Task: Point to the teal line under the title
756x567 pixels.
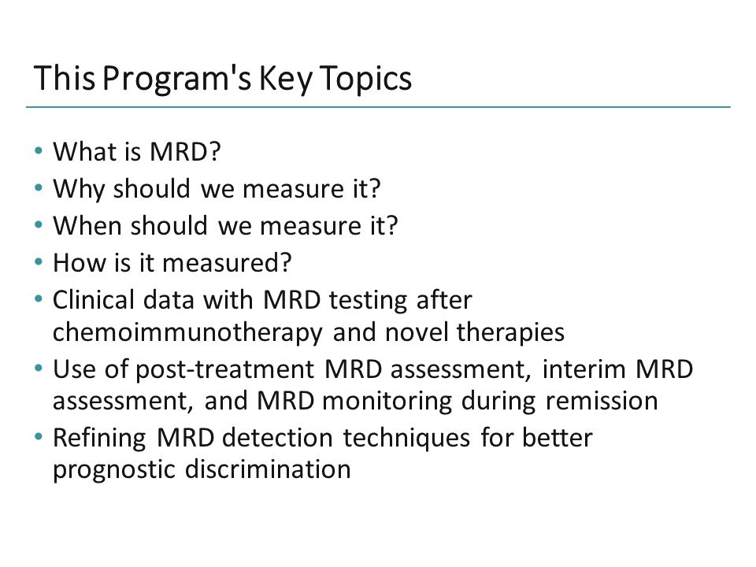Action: click(378, 107)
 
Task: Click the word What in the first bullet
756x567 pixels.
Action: click(79, 151)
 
